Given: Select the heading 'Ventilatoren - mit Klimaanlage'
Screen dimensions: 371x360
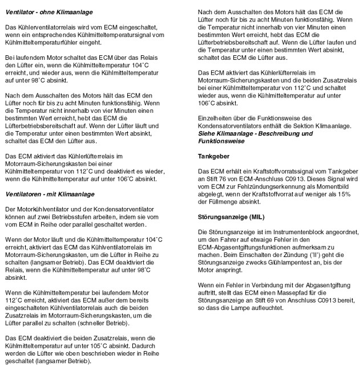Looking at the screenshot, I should (x=50, y=194).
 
